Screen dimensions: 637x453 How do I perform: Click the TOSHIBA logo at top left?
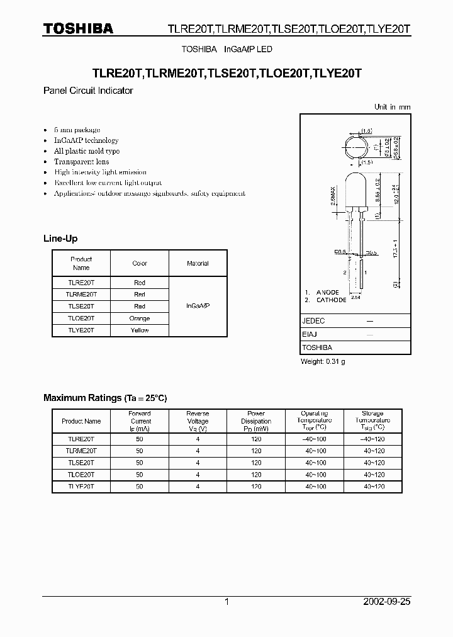tap(78, 29)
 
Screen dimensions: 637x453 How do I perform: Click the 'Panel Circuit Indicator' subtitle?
tap(87, 91)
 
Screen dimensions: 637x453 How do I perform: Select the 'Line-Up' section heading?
tap(60, 239)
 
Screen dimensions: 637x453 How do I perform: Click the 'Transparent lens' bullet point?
tap(81, 162)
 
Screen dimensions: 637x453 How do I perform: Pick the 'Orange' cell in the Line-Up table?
tap(140, 318)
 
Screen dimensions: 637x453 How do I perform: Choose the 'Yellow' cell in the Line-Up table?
tap(140, 330)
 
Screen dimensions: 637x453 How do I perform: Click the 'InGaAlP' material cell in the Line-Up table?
tap(198, 306)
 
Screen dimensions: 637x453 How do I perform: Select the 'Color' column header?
tap(140, 264)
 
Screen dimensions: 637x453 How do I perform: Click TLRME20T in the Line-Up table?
tap(81, 294)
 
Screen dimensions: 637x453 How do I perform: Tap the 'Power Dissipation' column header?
tap(256, 421)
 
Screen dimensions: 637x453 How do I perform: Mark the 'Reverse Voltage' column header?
tap(198, 421)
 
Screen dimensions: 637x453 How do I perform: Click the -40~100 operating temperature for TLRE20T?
tap(315, 439)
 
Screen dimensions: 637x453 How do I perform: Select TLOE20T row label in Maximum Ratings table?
tap(81, 475)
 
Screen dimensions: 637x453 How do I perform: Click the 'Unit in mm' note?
tap(392, 107)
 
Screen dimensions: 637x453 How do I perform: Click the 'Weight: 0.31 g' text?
tap(323, 361)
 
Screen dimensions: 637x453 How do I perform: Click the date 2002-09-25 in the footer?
tap(386, 602)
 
